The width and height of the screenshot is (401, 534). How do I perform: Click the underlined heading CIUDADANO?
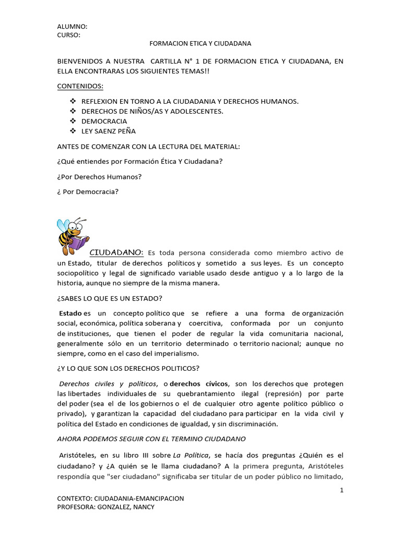(116, 252)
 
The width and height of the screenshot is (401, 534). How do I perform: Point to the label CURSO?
(69, 35)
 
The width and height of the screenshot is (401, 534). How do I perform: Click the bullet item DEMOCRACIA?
(104, 121)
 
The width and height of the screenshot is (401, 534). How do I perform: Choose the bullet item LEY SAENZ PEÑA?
(109, 131)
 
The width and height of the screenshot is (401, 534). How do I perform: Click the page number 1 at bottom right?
(341, 490)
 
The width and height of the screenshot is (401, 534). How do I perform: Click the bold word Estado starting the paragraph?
(70, 313)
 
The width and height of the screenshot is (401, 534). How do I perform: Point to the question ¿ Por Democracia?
(88, 191)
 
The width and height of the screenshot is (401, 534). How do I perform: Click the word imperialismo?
(180, 354)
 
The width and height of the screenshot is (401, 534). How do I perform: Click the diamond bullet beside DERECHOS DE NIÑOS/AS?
(73, 111)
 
